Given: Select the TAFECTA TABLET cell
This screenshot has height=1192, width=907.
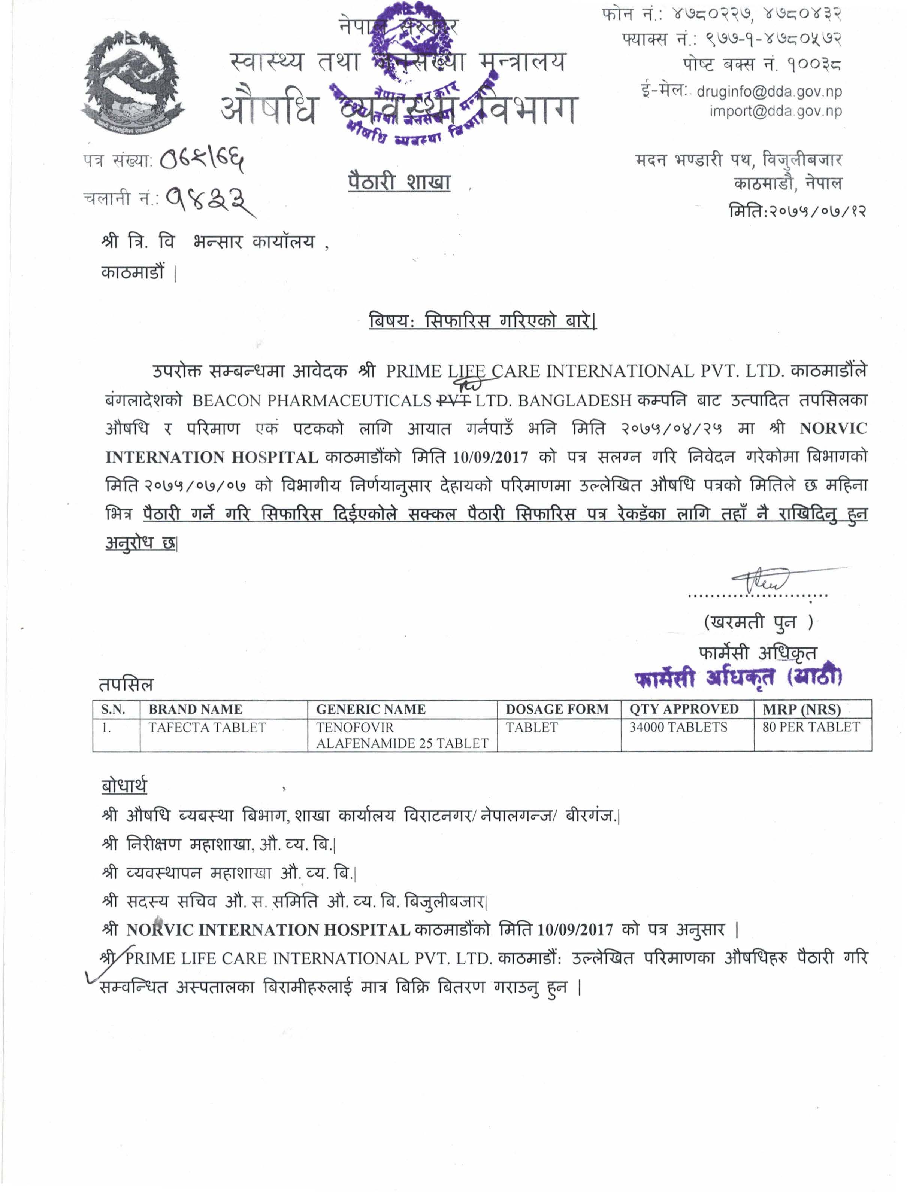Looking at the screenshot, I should click(207, 728).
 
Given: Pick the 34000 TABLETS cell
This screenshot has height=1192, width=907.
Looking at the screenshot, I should click(678, 728).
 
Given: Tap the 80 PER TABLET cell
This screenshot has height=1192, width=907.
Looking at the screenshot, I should click(810, 727).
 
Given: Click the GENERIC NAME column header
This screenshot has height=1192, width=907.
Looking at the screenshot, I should click(371, 709).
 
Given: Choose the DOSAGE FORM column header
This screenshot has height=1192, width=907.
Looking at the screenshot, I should click(557, 709).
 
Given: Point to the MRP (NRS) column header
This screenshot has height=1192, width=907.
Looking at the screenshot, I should click(801, 709).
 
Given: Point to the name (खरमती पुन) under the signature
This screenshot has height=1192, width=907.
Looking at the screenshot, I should click(758, 622).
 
